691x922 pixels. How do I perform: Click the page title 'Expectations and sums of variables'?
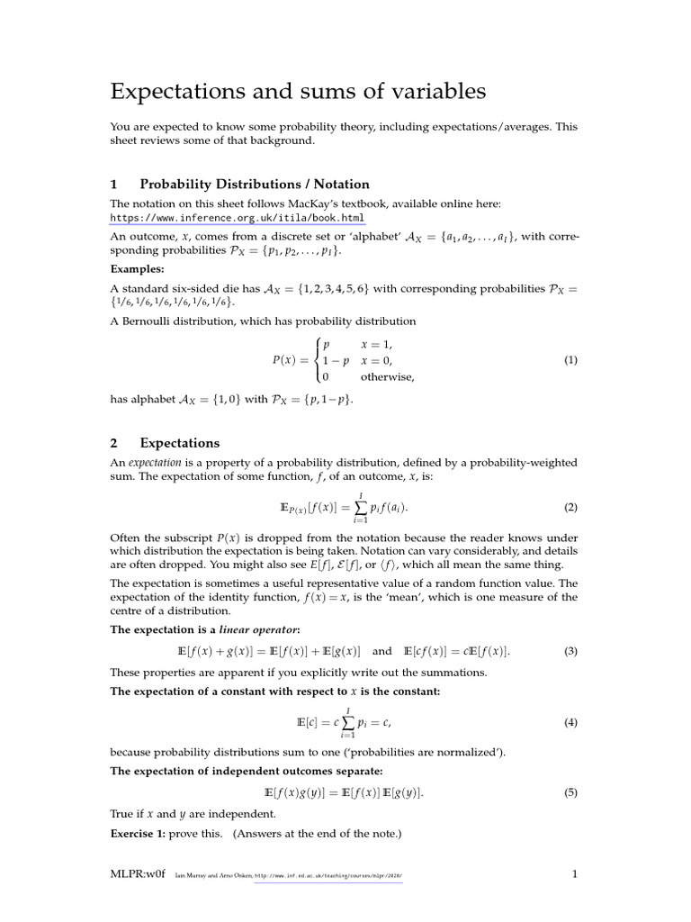[298, 91]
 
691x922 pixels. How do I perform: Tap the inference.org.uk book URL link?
[238, 218]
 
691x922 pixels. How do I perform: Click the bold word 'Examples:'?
[138, 269]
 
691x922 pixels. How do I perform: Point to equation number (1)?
[570, 360]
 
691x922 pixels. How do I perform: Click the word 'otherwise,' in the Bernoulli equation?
[388, 377]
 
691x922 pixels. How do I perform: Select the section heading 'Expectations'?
[180, 443]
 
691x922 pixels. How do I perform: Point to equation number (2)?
[570, 508]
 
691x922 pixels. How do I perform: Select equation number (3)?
[570, 651]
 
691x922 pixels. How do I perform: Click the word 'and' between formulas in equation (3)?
[382, 651]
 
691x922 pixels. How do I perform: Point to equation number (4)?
[570, 723]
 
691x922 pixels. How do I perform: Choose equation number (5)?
[570, 793]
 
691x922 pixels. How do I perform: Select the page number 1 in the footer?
[575, 874]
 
